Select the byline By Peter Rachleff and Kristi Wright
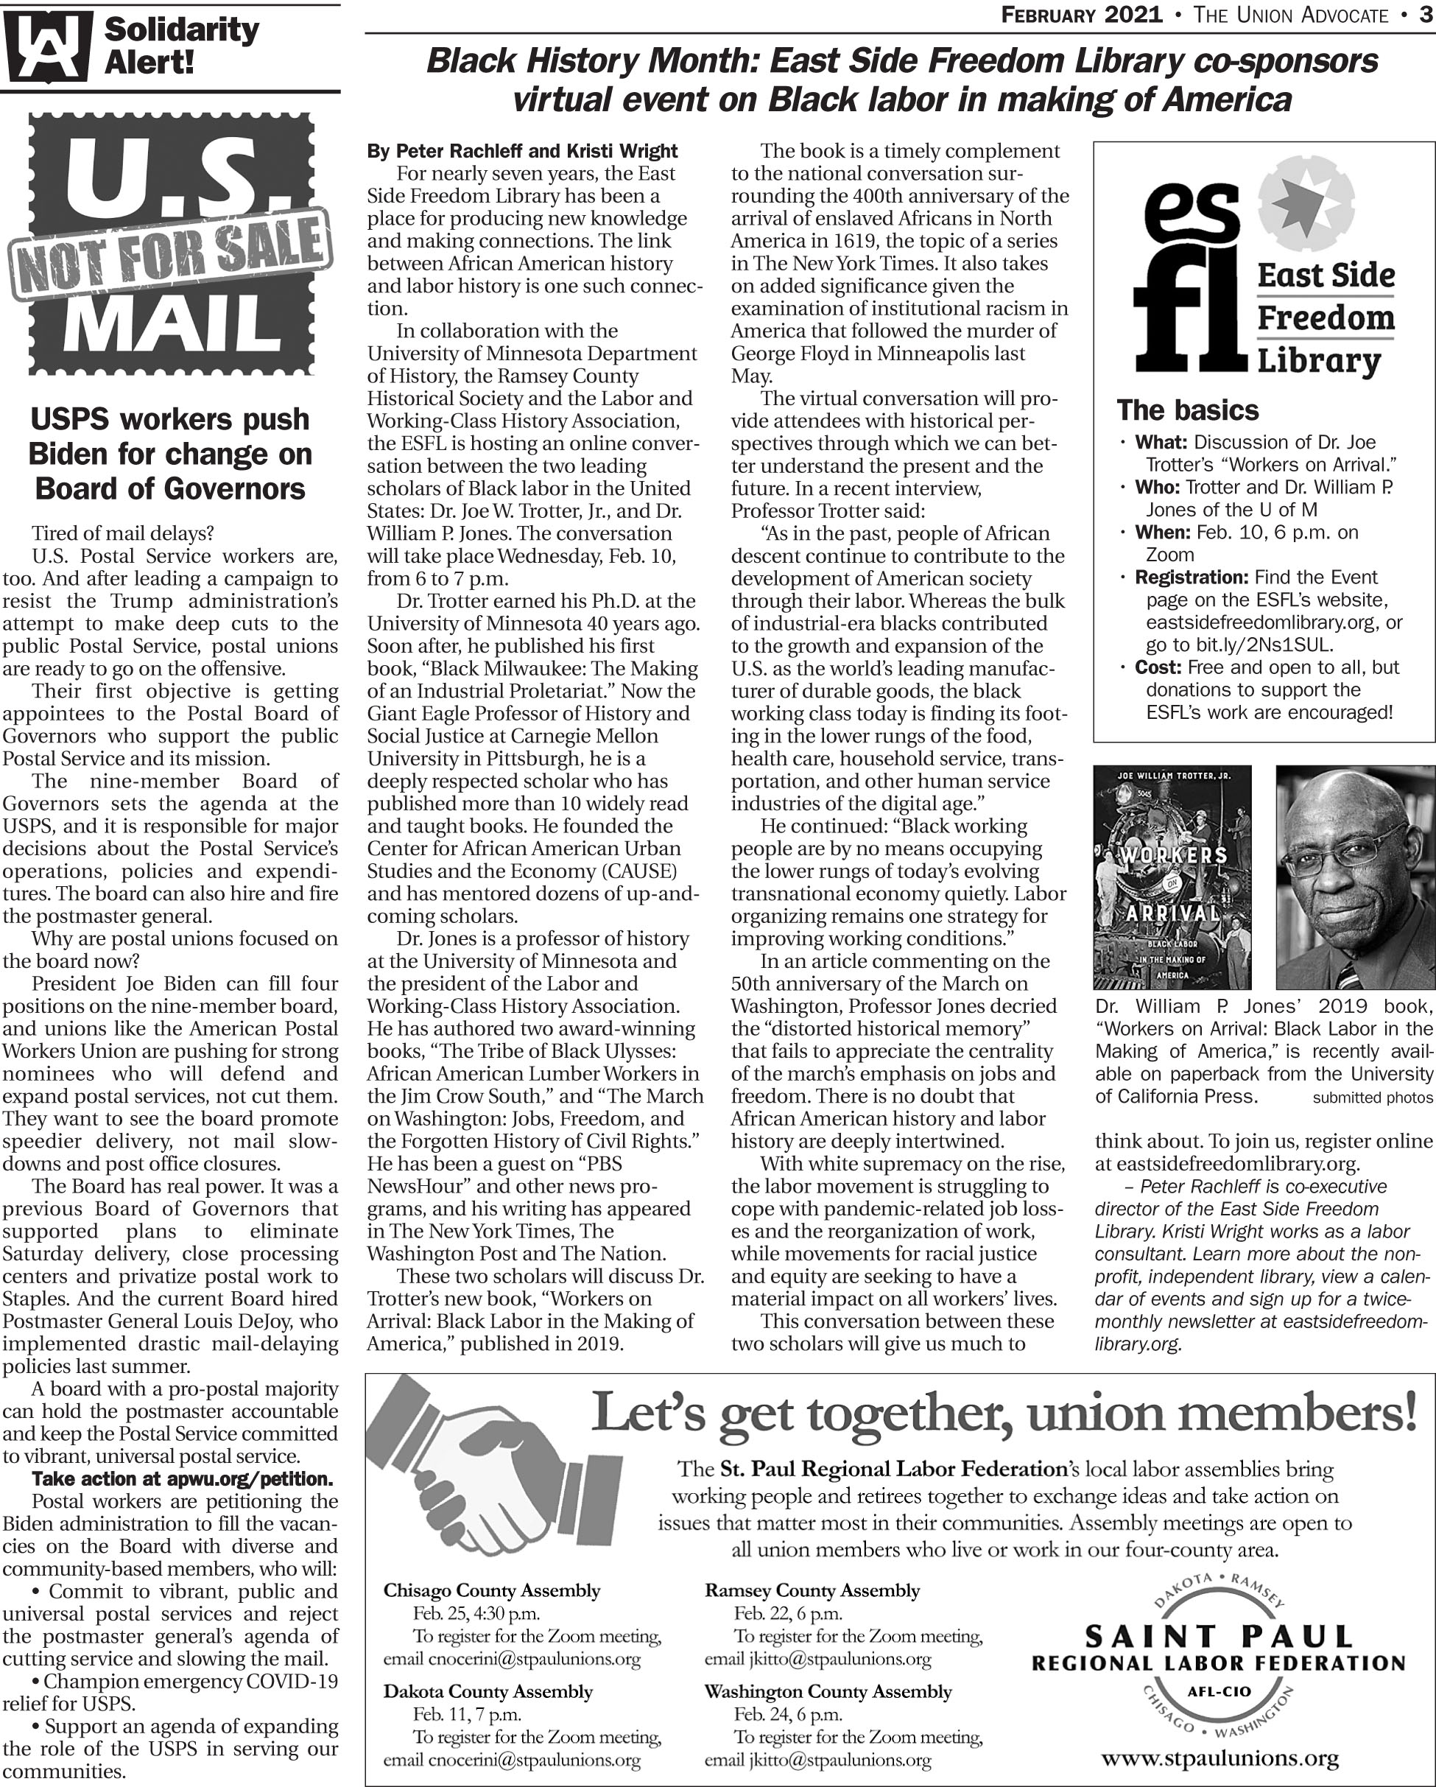click(522, 151)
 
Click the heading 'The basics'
click(1186, 410)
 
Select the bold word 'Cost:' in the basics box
click(1158, 667)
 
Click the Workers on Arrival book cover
click(1172, 876)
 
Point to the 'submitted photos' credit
click(1372, 1098)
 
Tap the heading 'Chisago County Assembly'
click(491, 1590)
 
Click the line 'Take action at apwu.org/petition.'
click(183, 1478)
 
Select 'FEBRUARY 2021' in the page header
click(1081, 15)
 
